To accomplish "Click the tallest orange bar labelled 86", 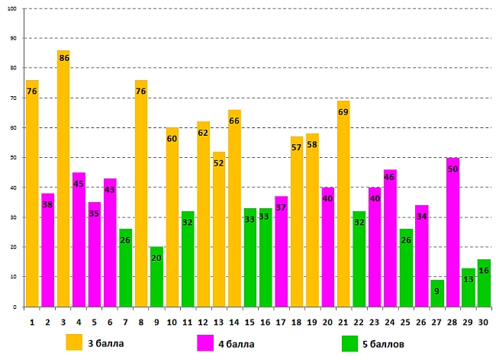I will pos(63,183).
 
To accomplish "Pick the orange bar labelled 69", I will pos(343,206).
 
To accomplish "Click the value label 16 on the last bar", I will pos(484,271).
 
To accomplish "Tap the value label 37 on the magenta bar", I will pos(281,207).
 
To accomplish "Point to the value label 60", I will pos(172,139).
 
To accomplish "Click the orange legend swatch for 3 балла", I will pos(74,342).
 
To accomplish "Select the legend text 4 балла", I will pos(237,344).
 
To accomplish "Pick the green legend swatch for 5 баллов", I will pos(351,342).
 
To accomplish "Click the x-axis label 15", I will pos(250,322).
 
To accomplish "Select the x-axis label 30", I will pos(483,322).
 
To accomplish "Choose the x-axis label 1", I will pos(32,322).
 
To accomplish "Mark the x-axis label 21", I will pos(343,322).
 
